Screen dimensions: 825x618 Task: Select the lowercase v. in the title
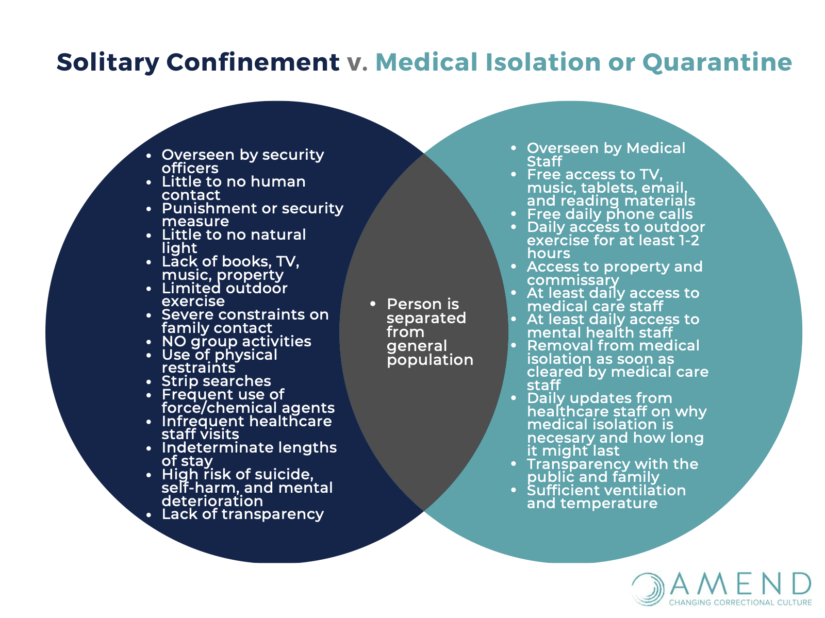pyautogui.click(x=357, y=63)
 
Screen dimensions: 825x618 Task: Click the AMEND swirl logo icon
pyautogui.click(x=648, y=589)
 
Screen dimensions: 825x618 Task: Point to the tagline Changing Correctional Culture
pyautogui.click(x=740, y=602)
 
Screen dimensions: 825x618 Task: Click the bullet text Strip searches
pyautogui.click(x=216, y=381)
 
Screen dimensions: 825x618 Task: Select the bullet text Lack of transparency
pyautogui.click(x=242, y=514)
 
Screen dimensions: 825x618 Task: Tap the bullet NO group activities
pyautogui.click(x=236, y=341)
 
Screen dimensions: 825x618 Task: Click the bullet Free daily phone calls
pyautogui.click(x=609, y=214)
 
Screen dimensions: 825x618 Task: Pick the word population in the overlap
pyautogui.click(x=430, y=360)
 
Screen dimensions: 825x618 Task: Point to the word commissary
pyautogui.click(x=573, y=280)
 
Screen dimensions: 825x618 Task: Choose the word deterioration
pyautogui.click(x=212, y=501)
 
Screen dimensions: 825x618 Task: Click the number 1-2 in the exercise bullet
pyautogui.click(x=689, y=240)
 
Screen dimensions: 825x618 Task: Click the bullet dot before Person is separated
pyautogui.click(x=373, y=304)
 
